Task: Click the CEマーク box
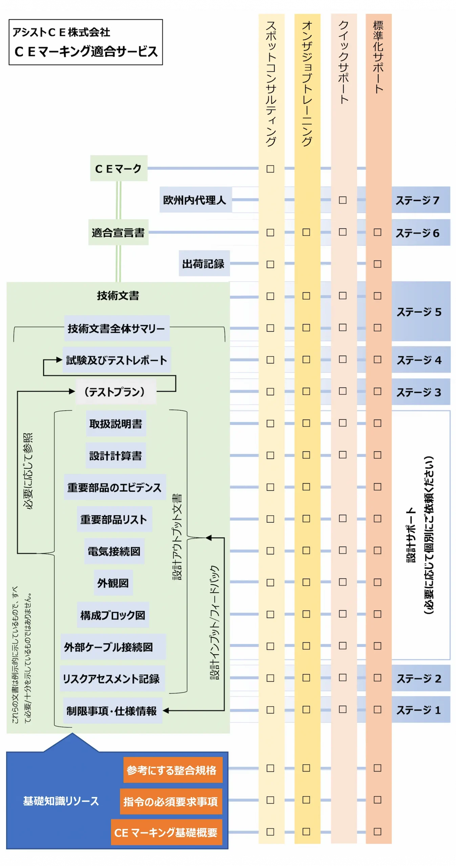tap(118, 168)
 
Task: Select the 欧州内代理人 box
tap(195, 200)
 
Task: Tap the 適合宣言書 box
tap(118, 232)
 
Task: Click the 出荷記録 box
tap(204, 264)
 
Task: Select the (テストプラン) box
tap(115, 391)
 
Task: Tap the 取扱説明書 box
tap(116, 423)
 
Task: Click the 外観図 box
tap(113, 583)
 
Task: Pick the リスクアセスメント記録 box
tap(112, 678)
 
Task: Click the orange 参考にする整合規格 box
tap(173, 770)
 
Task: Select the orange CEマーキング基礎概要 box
tap(167, 832)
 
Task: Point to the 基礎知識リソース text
tap(61, 801)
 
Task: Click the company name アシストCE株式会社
tap(61, 32)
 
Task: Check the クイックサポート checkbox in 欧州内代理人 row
tap(343, 200)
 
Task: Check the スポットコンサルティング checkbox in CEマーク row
tap(270, 169)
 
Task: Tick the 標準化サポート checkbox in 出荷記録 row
tap(377, 264)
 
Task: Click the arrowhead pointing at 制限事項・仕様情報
tap(166, 710)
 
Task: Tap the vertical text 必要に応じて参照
tap(28, 470)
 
